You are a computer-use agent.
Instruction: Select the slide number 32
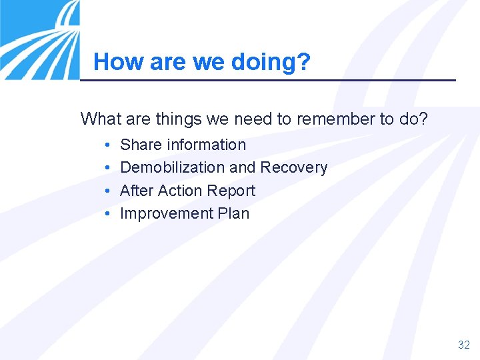(464, 345)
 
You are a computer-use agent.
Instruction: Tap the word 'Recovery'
(294, 167)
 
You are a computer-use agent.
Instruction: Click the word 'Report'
(231, 191)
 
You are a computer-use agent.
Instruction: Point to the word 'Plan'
(233, 213)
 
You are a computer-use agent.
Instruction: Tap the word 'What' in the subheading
(98, 119)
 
